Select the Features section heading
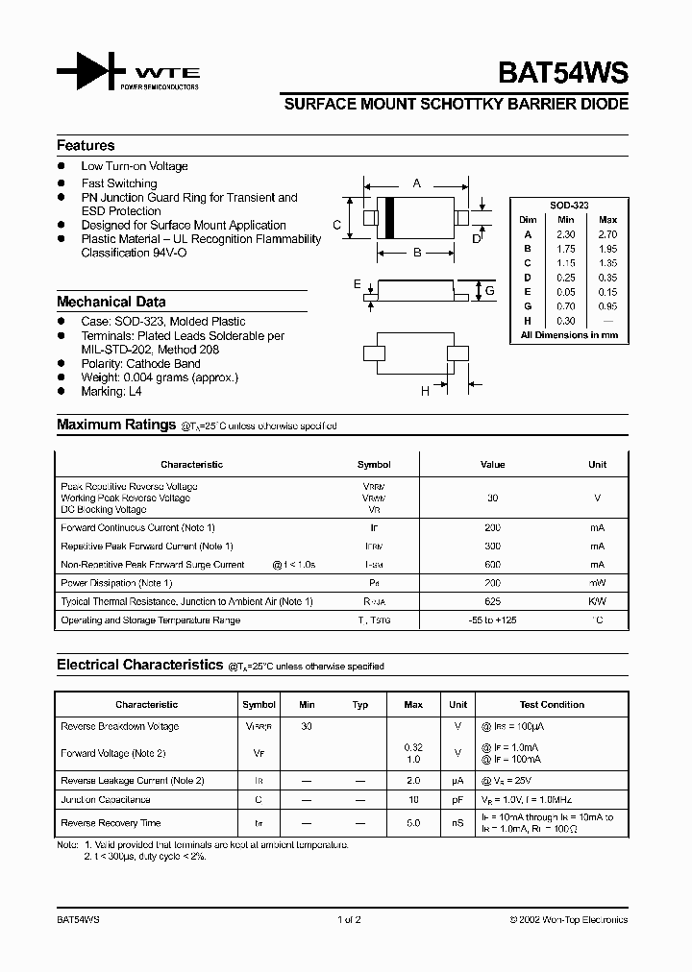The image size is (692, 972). pyautogui.click(x=86, y=145)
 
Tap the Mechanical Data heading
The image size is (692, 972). pyautogui.click(x=111, y=301)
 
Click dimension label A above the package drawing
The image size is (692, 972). pyautogui.click(x=416, y=182)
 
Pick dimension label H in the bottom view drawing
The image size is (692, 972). pyautogui.click(x=424, y=390)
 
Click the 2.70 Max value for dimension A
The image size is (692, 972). pyautogui.click(x=606, y=234)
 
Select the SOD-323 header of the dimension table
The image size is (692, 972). pyautogui.click(x=569, y=206)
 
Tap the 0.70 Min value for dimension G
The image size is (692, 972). pyautogui.click(x=567, y=306)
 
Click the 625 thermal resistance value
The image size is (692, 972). pyautogui.click(x=492, y=601)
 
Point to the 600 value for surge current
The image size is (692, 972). pyautogui.click(x=492, y=565)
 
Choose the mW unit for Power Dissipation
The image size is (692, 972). pyautogui.click(x=597, y=583)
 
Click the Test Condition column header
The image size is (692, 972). pyautogui.click(x=552, y=704)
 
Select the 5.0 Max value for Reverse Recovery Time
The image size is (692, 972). pyautogui.click(x=413, y=823)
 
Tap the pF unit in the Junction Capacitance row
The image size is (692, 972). pyautogui.click(x=458, y=799)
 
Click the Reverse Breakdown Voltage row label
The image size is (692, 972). pyautogui.click(x=119, y=726)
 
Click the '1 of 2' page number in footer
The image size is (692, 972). pyautogui.click(x=349, y=919)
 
